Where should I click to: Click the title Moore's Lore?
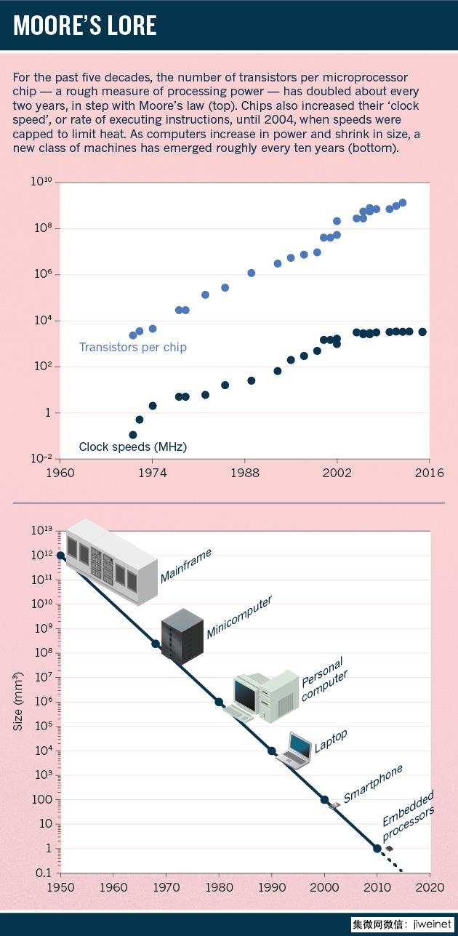pyautogui.click(x=86, y=26)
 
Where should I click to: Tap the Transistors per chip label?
pyautogui.click(x=132, y=347)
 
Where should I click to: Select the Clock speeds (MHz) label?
pyautogui.click(x=132, y=447)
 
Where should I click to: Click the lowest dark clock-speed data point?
pyautogui.click(x=132, y=435)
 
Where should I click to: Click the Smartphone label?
pyautogui.click(x=373, y=783)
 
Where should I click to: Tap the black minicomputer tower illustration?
pyautogui.click(x=182, y=634)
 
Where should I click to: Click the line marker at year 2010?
pyautogui.click(x=377, y=848)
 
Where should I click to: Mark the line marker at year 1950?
pyautogui.click(x=60, y=556)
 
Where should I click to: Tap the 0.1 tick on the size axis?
pyautogui.click(x=44, y=873)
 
